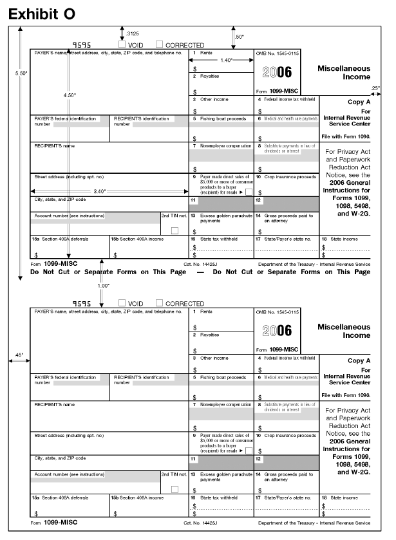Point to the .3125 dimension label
click(x=133, y=32)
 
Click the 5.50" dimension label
click(x=21, y=73)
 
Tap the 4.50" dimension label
click(x=69, y=95)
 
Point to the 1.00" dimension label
click(x=103, y=284)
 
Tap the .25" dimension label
click(x=375, y=87)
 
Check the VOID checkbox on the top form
click(x=122, y=45)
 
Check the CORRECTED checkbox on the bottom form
click(x=160, y=303)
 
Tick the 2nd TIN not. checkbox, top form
click(x=174, y=230)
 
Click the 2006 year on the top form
click(x=276, y=73)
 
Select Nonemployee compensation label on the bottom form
click(x=225, y=405)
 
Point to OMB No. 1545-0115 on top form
click(x=277, y=53)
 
